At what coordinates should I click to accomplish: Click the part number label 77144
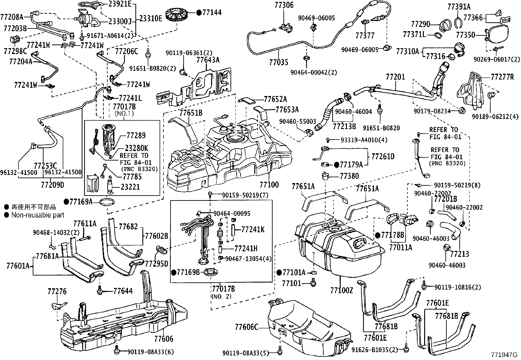pos(212,12)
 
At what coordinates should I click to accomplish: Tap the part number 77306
pos(284,5)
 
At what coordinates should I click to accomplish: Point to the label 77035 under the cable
pos(279,62)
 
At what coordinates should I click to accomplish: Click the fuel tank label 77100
pos(269,185)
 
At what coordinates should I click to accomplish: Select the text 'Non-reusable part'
pos(38,215)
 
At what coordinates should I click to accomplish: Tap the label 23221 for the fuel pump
pos(130,187)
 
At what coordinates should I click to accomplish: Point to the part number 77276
pos(57,291)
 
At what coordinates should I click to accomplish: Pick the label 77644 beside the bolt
pos(123,290)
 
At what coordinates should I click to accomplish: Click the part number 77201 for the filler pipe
pos(395,77)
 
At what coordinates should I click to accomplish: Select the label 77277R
pos(502,77)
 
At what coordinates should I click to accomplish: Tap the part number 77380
pos(349,176)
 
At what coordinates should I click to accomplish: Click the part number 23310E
pos(151,18)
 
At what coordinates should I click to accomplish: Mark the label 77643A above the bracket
pos(208,60)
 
